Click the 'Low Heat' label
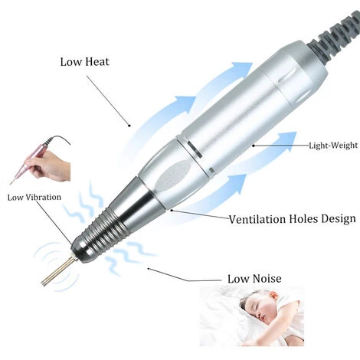pos(84,62)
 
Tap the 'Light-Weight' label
pos(333,146)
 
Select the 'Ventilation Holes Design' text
pos(292,219)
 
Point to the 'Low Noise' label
pos(254,278)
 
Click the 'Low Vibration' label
pos(34,197)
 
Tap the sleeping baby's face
pos(257,305)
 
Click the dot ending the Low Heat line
pos(129,126)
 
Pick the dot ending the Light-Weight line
pos(254,146)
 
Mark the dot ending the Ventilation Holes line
pos(172,210)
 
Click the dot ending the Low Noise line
pos(149,269)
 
